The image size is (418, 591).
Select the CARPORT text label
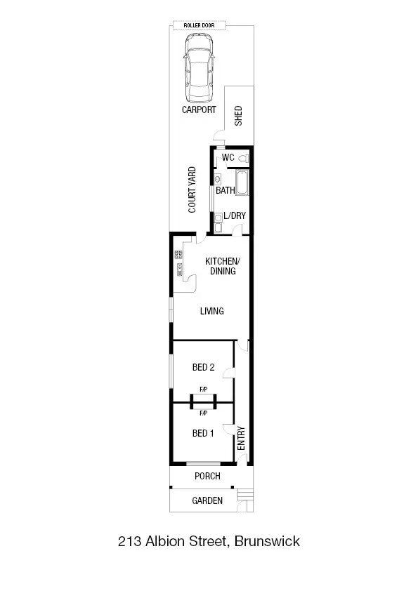[199, 109]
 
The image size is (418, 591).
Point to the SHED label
[238, 115]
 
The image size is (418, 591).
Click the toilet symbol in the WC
[243, 158]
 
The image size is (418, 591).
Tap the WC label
[228, 158]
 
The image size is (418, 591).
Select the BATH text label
[225, 190]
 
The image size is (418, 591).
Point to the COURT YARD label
[192, 190]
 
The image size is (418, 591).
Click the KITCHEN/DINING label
[222, 266]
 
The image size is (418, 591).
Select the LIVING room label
[211, 311]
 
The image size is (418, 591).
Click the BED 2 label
[203, 367]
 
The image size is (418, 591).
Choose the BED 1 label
[203, 433]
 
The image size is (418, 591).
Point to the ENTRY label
[241, 439]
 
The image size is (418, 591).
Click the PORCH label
[207, 476]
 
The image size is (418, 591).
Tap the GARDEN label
[207, 500]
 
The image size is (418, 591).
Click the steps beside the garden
[244, 498]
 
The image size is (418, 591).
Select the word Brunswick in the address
[268, 541]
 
